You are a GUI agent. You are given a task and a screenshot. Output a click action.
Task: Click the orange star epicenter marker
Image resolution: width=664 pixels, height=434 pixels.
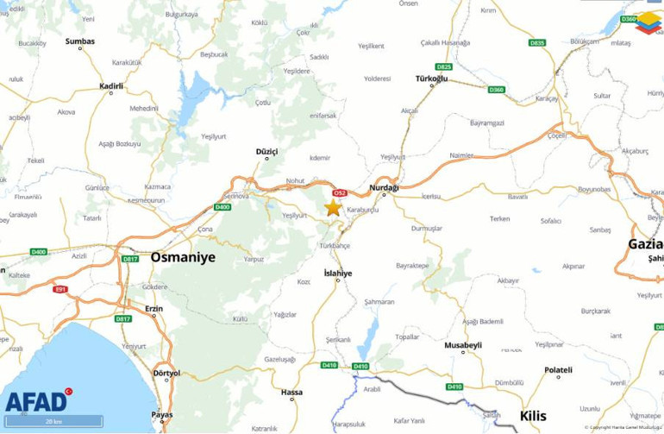(x=333, y=207)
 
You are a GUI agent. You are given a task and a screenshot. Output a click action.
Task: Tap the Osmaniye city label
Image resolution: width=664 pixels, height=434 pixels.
(x=183, y=257)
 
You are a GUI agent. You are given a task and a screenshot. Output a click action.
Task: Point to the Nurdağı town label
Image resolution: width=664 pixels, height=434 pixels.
(x=384, y=187)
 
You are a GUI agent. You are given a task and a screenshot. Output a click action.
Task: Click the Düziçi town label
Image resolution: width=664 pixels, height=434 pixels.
(x=266, y=151)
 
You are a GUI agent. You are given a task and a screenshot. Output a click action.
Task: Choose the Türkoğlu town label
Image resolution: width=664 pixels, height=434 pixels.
(x=431, y=79)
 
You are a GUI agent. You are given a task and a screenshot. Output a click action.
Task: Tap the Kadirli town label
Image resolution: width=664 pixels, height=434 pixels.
(x=111, y=86)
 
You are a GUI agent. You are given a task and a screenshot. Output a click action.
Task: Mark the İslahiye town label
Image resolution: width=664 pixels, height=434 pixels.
(x=337, y=273)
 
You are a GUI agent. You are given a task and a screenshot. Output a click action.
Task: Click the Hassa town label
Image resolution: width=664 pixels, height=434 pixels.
(x=291, y=393)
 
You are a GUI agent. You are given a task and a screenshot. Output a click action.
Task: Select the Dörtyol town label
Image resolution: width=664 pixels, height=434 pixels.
(x=166, y=373)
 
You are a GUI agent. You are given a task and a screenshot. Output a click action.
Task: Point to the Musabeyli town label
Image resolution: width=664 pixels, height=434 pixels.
(x=463, y=345)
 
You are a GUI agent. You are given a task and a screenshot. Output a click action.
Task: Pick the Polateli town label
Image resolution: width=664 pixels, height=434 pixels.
(x=558, y=370)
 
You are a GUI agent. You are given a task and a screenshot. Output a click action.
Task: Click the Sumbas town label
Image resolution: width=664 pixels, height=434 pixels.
(x=80, y=41)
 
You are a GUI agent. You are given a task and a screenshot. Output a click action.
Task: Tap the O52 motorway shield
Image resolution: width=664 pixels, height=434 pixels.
(x=340, y=193)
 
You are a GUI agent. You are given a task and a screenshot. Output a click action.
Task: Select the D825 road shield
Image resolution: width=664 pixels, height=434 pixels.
(x=443, y=66)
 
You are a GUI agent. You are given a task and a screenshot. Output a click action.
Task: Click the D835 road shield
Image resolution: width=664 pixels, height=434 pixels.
(x=537, y=42)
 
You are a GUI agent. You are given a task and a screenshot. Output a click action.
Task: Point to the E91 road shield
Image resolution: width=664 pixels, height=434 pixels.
(x=60, y=289)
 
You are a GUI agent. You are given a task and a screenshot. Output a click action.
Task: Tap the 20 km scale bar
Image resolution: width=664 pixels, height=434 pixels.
(x=53, y=422)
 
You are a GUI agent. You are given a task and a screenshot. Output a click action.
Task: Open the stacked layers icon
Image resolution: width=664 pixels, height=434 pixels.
(x=648, y=22)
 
